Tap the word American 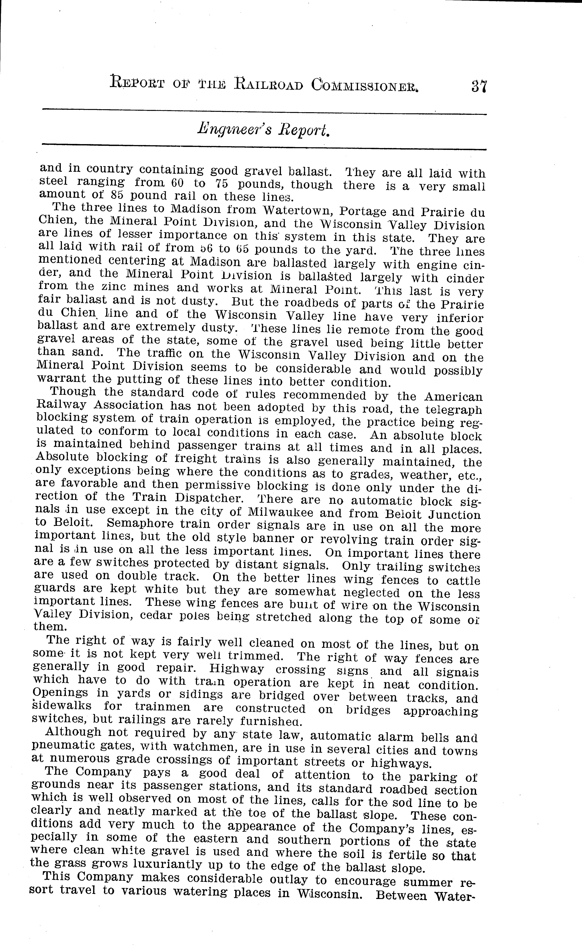tap(453, 397)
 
